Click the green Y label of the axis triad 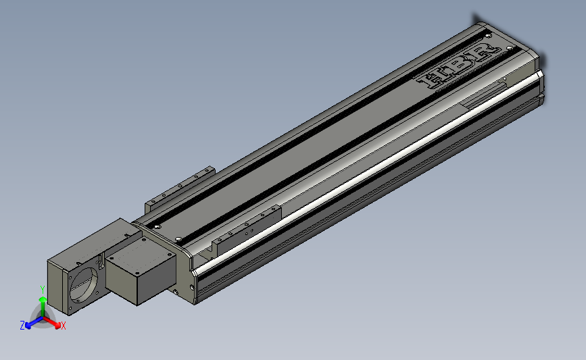tap(42, 290)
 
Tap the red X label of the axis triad tap(63, 326)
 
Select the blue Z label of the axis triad tap(22, 326)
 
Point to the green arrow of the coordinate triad tap(43, 307)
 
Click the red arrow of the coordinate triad tap(52, 323)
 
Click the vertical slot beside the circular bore tap(101, 261)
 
